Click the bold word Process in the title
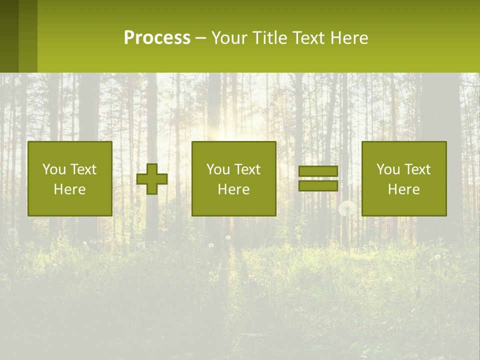[x=157, y=38]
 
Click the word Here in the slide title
[x=350, y=38]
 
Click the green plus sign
[x=152, y=179]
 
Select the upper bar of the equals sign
[x=318, y=171]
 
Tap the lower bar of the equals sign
[x=318, y=185]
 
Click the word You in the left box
[x=54, y=169]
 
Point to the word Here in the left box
[x=69, y=189]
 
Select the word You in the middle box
[x=218, y=169]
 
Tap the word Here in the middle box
[x=233, y=189]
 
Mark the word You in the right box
[x=388, y=169]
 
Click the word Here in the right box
[x=403, y=189]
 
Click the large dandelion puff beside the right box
[x=347, y=208]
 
